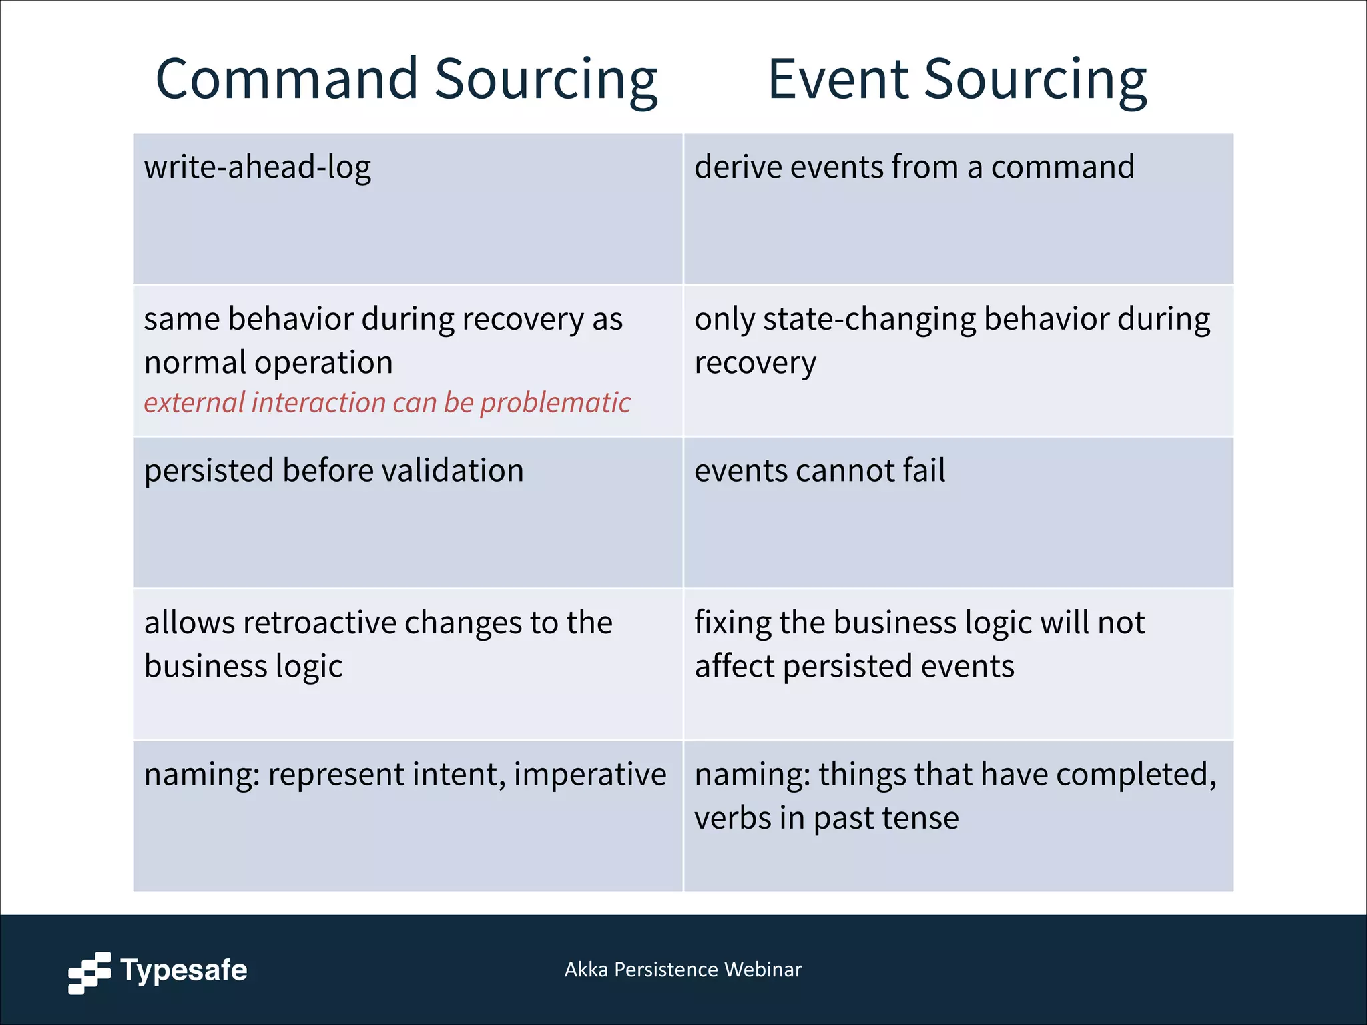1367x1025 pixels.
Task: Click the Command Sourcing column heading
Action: point(406,80)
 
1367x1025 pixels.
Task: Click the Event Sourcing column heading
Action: point(957,80)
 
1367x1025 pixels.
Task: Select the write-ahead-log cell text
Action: point(257,167)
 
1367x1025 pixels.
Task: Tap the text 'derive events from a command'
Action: point(914,167)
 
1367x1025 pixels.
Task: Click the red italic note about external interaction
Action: point(386,403)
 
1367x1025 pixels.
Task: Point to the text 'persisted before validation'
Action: point(334,470)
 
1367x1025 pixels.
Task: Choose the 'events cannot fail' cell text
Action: point(820,470)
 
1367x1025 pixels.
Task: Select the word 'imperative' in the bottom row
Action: point(590,775)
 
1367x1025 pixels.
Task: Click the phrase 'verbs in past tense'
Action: point(826,818)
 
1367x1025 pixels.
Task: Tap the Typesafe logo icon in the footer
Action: point(89,972)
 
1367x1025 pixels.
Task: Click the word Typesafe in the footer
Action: point(184,970)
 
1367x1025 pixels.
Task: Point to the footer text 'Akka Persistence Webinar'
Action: point(683,970)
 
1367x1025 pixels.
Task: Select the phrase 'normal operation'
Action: point(268,363)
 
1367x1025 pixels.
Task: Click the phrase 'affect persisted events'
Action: point(854,667)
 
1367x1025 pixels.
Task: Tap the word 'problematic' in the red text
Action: point(555,403)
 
